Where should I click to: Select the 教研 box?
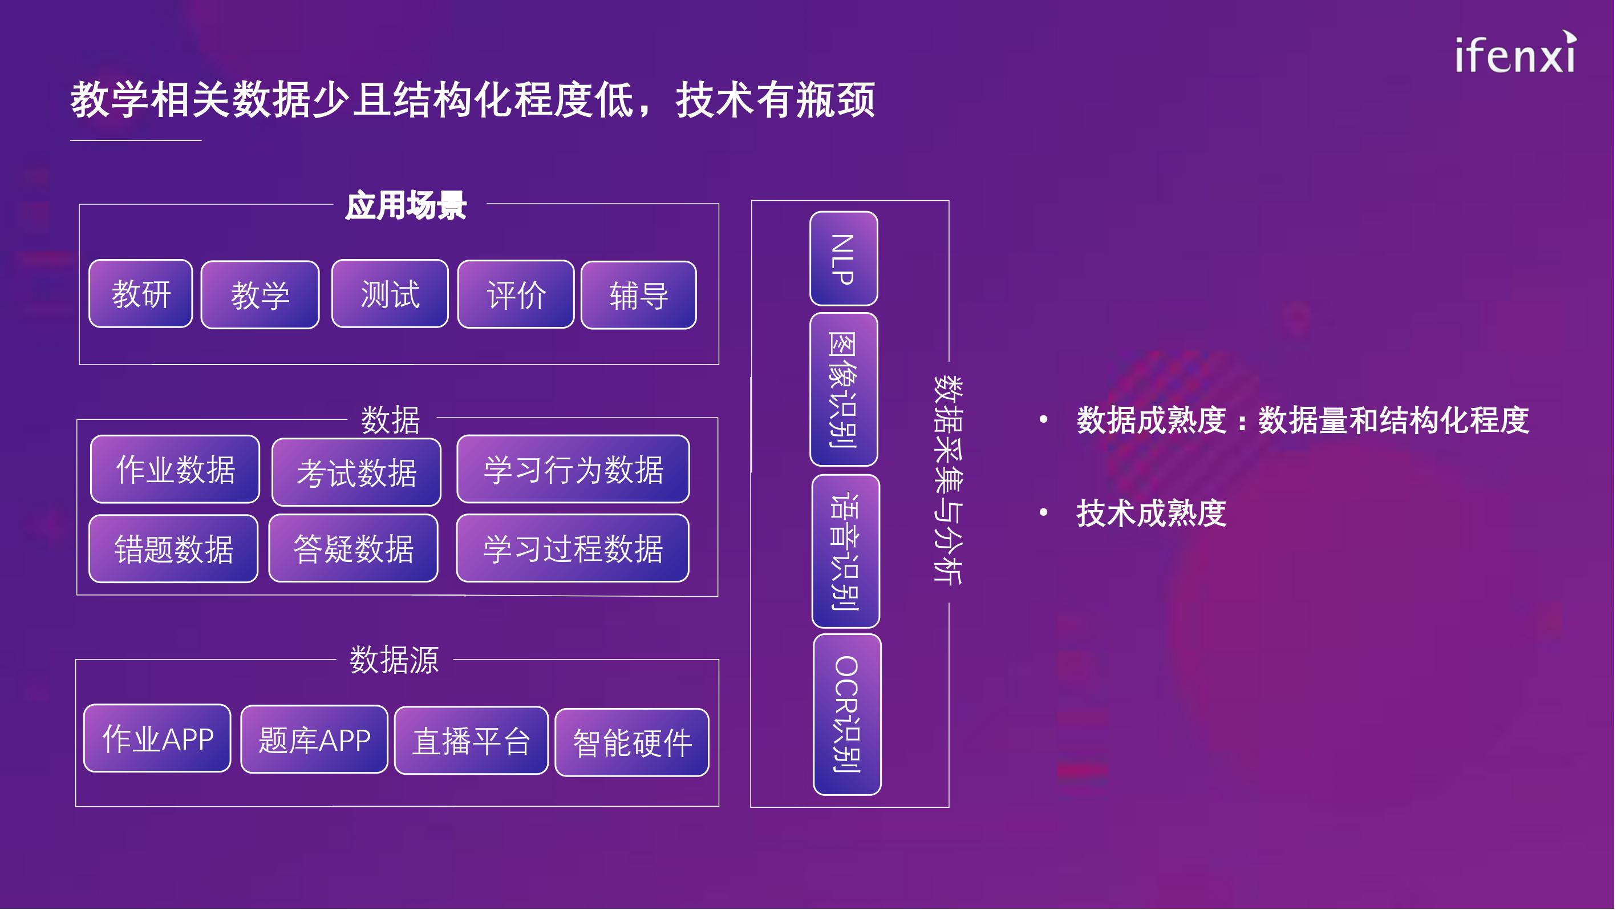pyautogui.click(x=141, y=294)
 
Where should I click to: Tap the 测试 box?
pyautogui.click(x=390, y=294)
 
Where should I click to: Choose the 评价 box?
pyautogui.click(x=516, y=294)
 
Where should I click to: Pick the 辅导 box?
pyautogui.click(x=638, y=295)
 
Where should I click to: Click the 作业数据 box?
pyautogui.click(x=175, y=469)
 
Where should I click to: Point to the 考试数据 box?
pyautogui.click(x=356, y=472)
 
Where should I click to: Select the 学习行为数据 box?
pyautogui.click(x=573, y=469)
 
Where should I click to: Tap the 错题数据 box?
pyautogui.click(x=174, y=548)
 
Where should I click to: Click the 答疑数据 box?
pyautogui.click(x=354, y=548)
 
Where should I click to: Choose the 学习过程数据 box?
pyautogui.click(x=573, y=548)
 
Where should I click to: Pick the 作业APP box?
pyautogui.click(x=157, y=738)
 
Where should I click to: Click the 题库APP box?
pyautogui.click(x=314, y=740)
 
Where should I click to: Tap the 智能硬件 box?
pyautogui.click(x=632, y=743)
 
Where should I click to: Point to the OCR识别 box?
pyautogui.click(x=848, y=715)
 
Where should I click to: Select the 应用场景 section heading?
pyautogui.click(x=406, y=205)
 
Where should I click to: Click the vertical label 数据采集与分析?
pyautogui.click(x=948, y=480)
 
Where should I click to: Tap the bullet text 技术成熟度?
pyautogui.click(x=1151, y=513)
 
